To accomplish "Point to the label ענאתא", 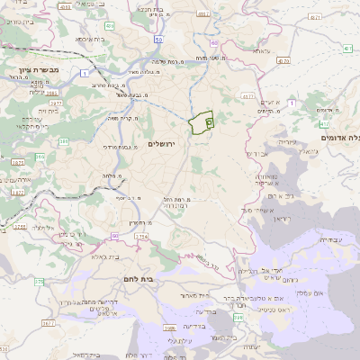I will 262,51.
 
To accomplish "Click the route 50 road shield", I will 158,40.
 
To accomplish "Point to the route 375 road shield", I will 39,283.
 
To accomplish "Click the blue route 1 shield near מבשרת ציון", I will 83,72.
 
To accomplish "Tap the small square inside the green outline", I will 209,119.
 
